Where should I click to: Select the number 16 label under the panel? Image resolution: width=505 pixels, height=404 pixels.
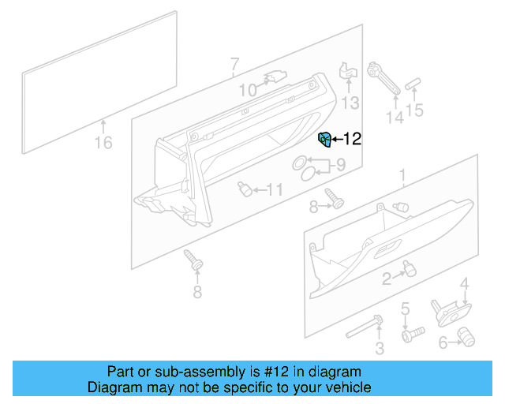click(x=103, y=143)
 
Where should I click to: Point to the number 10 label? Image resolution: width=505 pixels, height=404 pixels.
click(x=248, y=91)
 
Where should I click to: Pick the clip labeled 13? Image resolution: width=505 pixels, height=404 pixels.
click(x=348, y=73)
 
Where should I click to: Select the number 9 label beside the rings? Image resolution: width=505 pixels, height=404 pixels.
click(x=341, y=166)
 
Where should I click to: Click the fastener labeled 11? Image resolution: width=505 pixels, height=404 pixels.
click(x=245, y=189)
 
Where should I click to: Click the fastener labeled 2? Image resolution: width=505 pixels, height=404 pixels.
click(x=409, y=268)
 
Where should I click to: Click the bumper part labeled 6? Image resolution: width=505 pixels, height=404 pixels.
click(x=467, y=337)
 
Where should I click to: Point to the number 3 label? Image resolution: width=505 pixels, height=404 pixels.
click(x=380, y=348)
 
